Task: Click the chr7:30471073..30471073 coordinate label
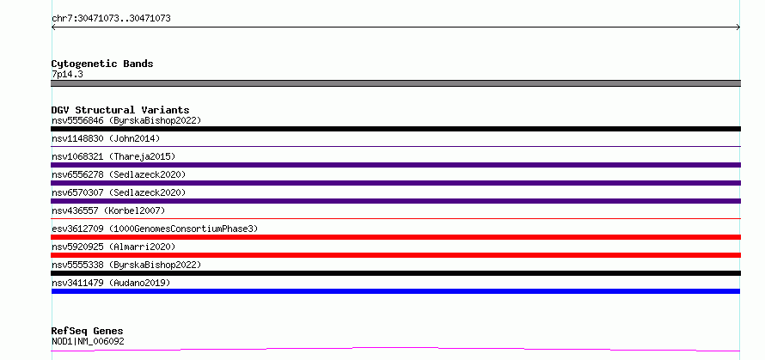111,19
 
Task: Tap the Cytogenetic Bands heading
102,64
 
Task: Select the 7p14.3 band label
67,74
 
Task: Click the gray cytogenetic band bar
395,83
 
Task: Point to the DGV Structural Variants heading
120,110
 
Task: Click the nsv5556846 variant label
126,120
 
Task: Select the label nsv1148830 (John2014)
106,138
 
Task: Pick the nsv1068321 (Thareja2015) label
113,156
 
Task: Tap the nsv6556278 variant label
119,174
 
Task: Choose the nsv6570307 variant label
119,192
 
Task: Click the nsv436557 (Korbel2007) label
108,211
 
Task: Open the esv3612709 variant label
155,229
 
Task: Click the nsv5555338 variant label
126,265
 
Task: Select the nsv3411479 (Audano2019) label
111,283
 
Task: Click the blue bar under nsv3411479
395,291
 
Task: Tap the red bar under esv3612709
395,237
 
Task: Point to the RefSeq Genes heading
88,332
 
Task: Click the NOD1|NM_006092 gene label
88,341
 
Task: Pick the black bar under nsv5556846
395,129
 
